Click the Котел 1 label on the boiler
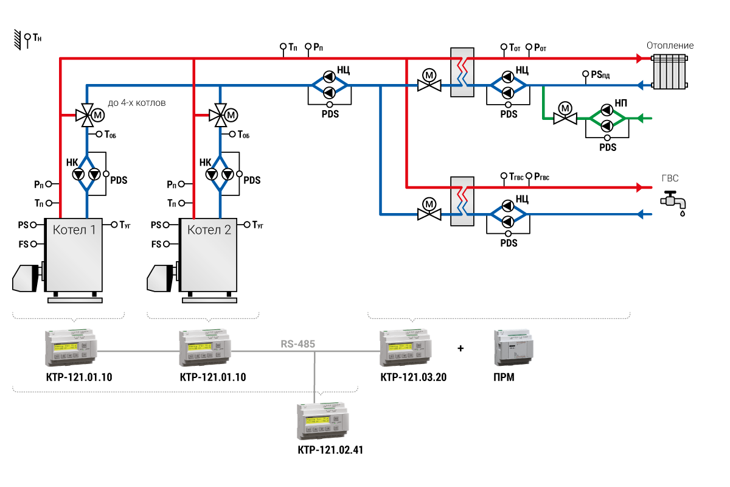pyautogui.click(x=74, y=230)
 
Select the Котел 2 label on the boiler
pyautogui.click(x=209, y=230)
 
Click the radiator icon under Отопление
pyautogui.click(x=670, y=71)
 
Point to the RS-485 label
pyautogui.click(x=297, y=344)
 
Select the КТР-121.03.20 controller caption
pyautogui.click(x=413, y=377)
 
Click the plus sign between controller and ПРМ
pyautogui.click(x=460, y=349)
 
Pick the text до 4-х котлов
pyautogui.click(x=136, y=103)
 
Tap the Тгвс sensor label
pyautogui.click(x=515, y=177)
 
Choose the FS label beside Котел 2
pyautogui.click(x=156, y=244)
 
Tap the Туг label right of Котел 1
pyautogui.click(x=125, y=225)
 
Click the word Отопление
pyautogui.click(x=670, y=46)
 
